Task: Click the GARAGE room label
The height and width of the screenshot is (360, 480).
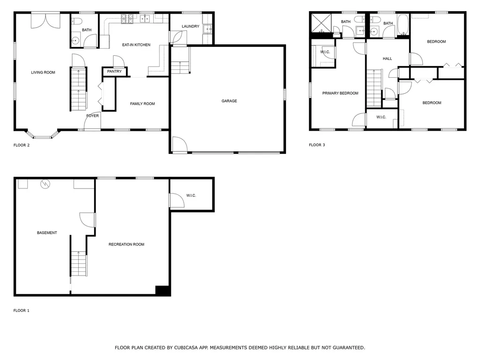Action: [x=229, y=101]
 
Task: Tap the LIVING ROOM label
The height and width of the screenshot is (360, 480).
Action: [x=43, y=72]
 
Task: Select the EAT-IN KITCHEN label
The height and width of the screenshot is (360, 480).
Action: [x=136, y=45]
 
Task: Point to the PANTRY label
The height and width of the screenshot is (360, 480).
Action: [x=114, y=71]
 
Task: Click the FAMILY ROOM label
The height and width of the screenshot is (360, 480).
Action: [x=142, y=104]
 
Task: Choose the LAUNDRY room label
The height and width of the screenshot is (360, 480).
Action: [x=190, y=26]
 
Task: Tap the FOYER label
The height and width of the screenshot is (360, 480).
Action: [x=92, y=115]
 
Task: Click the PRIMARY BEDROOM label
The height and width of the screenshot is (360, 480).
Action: [x=340, y=93]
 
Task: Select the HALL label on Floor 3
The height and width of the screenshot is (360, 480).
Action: [x=387, y=59]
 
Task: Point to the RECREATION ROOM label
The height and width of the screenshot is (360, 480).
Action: [x=126, y=244]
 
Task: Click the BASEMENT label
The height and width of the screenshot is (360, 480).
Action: [x=47, y=232]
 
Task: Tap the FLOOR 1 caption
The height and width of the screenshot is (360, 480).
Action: [x=21, y=310]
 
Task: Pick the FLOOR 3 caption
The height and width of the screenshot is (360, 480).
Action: [x=317, y=145]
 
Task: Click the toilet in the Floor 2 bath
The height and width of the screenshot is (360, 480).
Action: [x=77, y=20]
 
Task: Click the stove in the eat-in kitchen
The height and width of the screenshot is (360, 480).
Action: [x=127, y=19]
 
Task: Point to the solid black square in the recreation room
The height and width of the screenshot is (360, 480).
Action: [x=162, y=291]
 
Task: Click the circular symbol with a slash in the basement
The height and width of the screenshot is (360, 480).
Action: [x=45, y=183]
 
